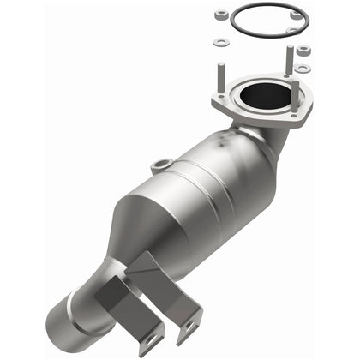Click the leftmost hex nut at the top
pyautogui.click(x=220, y=15)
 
